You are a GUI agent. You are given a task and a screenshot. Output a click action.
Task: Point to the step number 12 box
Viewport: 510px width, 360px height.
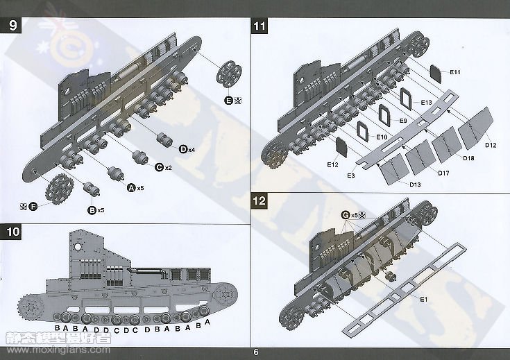click(x=260, y=202)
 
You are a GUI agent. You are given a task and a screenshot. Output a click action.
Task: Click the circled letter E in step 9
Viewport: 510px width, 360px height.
click(x=229, y=101)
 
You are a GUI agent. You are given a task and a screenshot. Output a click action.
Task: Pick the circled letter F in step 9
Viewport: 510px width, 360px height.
click(x=33, y=206)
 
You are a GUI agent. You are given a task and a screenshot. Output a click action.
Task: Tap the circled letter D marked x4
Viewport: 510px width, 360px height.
click(x=183, y=149)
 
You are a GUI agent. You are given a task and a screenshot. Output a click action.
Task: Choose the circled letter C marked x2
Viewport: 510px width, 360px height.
click(x=159, y=167)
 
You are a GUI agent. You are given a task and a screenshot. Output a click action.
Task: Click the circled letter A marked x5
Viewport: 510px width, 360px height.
click(x=130, y=187)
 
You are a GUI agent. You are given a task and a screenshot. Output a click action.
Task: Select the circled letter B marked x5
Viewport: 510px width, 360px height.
click(x=91, y=209)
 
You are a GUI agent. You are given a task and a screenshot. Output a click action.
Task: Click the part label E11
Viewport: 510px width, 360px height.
click(x=454, y=73)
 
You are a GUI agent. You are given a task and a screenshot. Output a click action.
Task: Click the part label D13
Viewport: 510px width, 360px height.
click(x=415, y=184)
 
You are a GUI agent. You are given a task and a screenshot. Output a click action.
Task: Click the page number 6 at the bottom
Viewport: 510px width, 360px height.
click(x=256, y=352)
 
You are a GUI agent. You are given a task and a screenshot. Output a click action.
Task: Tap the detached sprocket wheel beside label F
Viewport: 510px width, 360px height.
click(x=56, y=187)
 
